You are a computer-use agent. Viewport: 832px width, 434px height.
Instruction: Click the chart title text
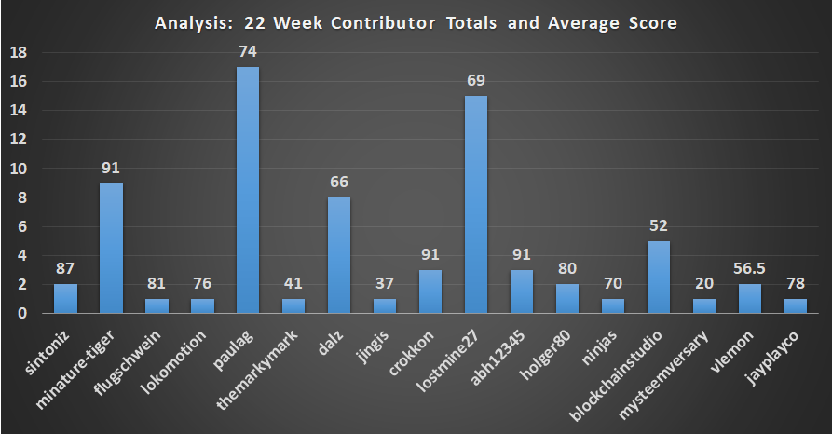tap(416, 23)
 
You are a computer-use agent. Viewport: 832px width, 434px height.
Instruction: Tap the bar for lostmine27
tap(475, 205)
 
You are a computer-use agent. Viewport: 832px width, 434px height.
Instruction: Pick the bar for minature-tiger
tap(111, 248)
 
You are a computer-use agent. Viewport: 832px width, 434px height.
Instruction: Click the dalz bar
tap(338, 255)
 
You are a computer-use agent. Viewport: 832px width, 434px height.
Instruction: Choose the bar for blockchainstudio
tap(658, 277)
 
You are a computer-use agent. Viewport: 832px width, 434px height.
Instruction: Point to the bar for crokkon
tap(430, 292)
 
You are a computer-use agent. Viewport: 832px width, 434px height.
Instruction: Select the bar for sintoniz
tap(65, 299)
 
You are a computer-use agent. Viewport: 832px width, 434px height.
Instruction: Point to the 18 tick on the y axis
tap(17, 53)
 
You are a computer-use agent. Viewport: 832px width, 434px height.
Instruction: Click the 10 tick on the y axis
tap(17, 169)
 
